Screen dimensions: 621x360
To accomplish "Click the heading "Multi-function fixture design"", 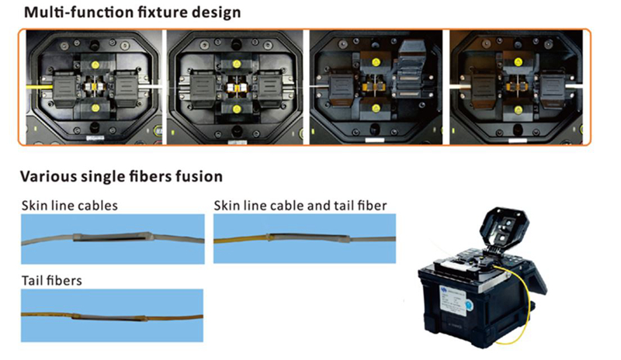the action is click(x=132, y=12).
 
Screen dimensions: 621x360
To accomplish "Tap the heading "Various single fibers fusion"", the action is click(x=121, y=176).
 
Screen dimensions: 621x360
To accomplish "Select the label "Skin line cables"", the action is click(x=69, y=206).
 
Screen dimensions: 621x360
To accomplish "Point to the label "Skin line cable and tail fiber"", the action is click(x=300, y=206).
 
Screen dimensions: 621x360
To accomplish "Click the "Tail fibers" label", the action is click(x=51, y=281).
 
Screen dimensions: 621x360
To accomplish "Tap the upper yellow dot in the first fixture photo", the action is click(x=95, y=64).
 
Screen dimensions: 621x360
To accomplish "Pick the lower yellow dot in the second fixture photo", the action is click(x=237, y=109).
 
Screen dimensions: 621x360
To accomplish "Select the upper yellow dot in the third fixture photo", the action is click(x=376, y=62).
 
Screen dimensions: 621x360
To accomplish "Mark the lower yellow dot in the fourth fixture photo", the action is click(x=518, y=110).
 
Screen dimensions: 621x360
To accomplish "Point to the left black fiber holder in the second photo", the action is click(x=203, y=88).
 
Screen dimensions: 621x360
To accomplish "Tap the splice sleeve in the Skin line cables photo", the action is click(x=112, y=237).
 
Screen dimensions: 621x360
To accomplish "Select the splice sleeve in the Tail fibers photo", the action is click(x=109, y=317).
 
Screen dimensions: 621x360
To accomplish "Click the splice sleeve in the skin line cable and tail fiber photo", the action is click(x=308, y=237).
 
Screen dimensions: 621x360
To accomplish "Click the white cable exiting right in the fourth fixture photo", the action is click(x=574, y=85).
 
